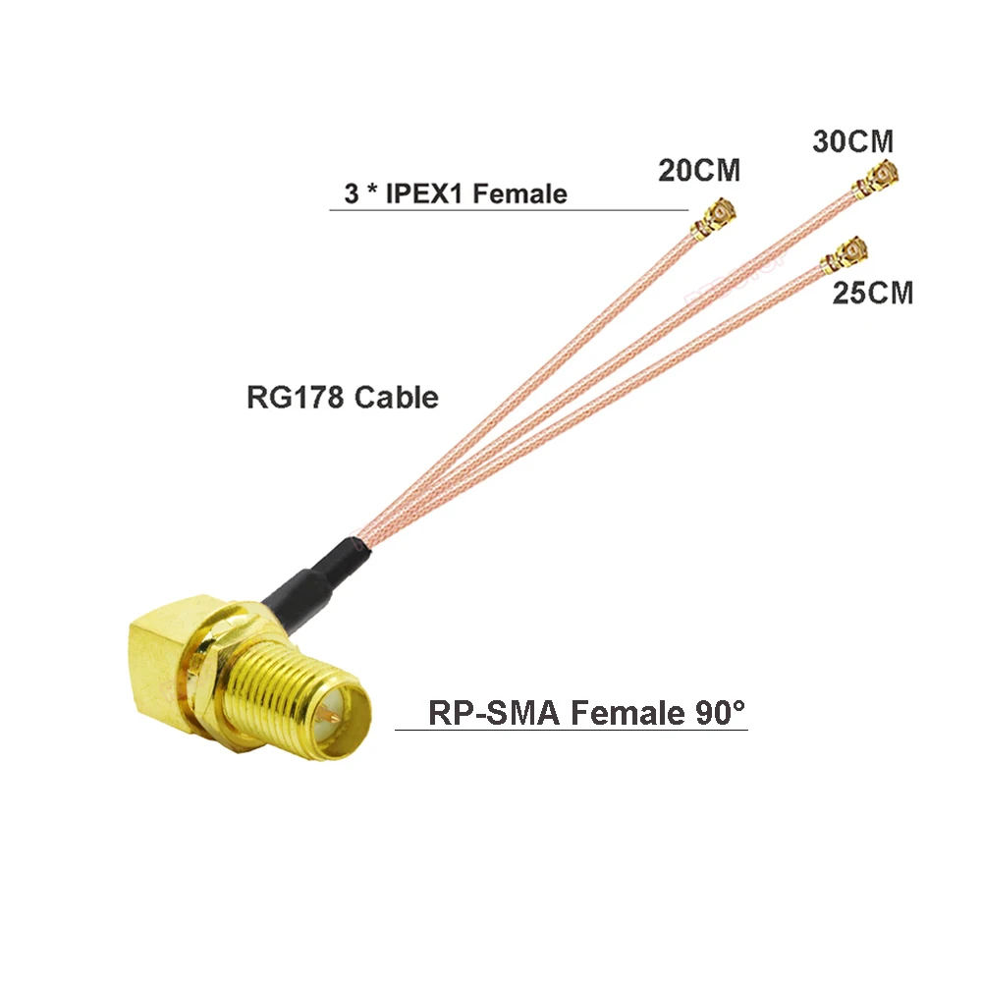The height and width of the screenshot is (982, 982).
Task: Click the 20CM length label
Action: pyautogui.click(x=698, y=171)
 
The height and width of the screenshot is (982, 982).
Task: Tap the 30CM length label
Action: pyautogui.click(x=852, y=140)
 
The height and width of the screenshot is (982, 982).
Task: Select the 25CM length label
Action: pyautogui.click(x=872, y=292)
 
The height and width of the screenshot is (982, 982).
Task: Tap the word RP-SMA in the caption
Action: pyautogui.click(x=494, y=712)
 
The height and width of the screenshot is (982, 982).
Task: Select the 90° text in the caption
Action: pyautogui.click(x=714, y=712)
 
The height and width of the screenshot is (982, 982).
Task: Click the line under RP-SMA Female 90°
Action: pyautogui.click(x=571, y=730)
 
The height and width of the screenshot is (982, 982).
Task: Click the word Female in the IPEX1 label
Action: pyautogui.click(x=519, y=193)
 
